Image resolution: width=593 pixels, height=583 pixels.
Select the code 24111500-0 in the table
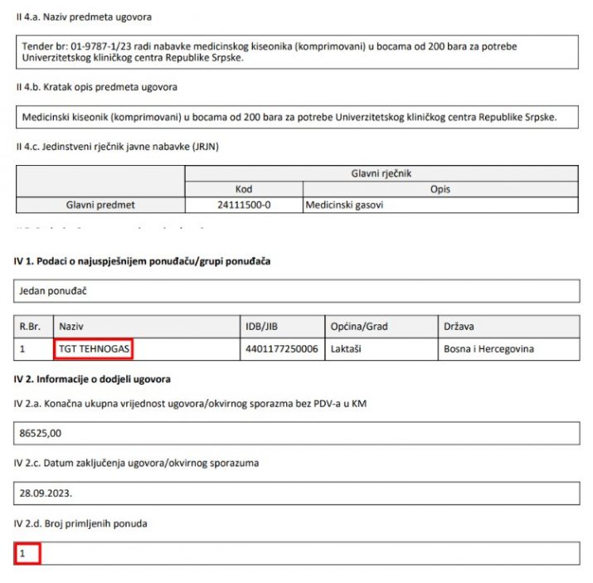pos(243,205)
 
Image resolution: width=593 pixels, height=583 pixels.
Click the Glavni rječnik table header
pos(382,173)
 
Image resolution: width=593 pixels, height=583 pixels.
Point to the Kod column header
pos(243,189)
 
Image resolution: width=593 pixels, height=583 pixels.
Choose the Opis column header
pos(440,189)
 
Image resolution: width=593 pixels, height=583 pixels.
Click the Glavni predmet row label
pos(100,205)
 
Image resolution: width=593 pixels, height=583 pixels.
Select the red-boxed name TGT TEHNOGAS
pos(95,349)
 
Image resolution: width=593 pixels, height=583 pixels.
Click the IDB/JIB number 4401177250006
pos(281,349)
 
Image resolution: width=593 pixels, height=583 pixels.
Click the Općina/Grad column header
pos(359,327)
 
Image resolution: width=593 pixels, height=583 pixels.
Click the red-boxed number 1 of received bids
pos(24,552)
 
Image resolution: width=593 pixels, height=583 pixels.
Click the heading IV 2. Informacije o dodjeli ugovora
pos(92,379)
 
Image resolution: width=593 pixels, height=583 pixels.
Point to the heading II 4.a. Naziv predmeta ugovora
pos(84,17)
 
